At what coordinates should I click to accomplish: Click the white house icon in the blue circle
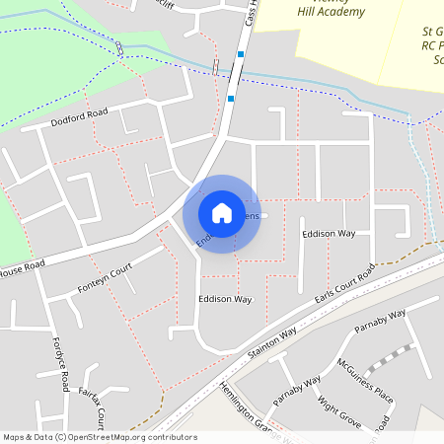click(222, 212)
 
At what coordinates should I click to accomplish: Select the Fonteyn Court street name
click(105, 281)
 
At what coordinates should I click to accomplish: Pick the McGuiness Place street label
click(365, 382)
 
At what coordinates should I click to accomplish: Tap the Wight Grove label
click(337, 412)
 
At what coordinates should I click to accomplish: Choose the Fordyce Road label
click(62, 365)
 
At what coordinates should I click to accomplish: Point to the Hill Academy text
click(333, 13)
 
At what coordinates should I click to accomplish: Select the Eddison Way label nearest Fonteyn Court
click(225, 298)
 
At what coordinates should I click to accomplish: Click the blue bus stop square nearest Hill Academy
click(241, 53)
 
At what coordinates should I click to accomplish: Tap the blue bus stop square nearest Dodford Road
click(231, 98)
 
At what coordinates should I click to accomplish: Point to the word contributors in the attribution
click(174, 437)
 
